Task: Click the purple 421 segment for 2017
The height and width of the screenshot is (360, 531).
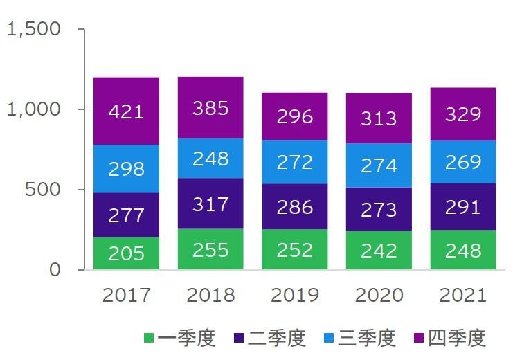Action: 126,111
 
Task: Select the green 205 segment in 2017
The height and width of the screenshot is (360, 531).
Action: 126,253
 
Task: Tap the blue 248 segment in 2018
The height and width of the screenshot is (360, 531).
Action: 210,159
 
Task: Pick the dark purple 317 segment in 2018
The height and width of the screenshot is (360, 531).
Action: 210,204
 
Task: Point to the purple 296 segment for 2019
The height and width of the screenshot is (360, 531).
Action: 294,116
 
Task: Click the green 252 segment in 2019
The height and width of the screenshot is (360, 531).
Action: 294,249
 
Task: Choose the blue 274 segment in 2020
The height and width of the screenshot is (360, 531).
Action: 379,165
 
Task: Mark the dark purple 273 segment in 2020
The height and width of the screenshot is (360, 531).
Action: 379,209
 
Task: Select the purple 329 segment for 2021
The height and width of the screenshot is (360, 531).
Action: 462,114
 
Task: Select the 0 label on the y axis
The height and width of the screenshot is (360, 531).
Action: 55,270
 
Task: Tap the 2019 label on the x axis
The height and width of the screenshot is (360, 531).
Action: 294,296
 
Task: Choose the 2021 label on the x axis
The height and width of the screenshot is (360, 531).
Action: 462,296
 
